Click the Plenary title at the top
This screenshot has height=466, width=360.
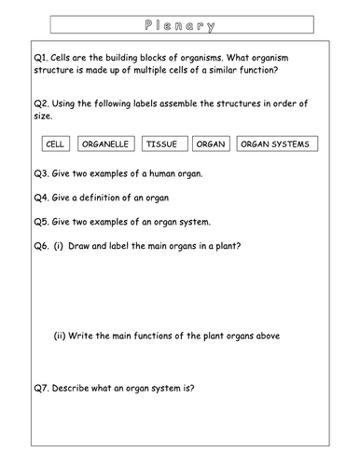point(180,25)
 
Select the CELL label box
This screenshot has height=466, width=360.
point(56,144)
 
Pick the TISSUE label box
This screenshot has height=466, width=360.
point(164,144)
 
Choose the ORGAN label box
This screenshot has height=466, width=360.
point(212,144)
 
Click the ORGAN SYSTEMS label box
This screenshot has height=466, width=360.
point(275,144)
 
